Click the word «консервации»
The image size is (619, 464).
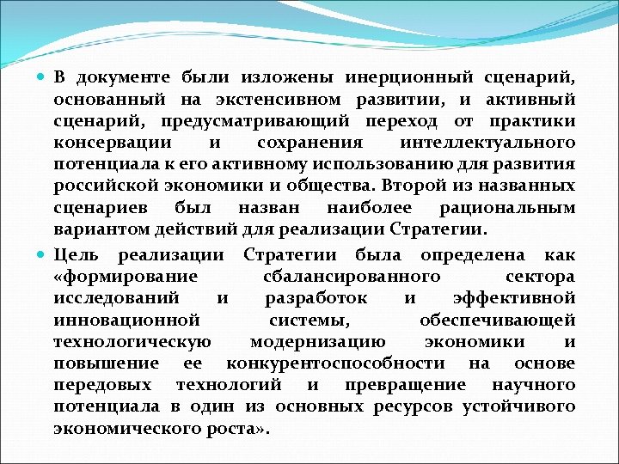click(x=112, y=143)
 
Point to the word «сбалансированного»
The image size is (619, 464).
click(x=351, y=277)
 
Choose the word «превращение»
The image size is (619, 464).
click(x=404, y=385)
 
